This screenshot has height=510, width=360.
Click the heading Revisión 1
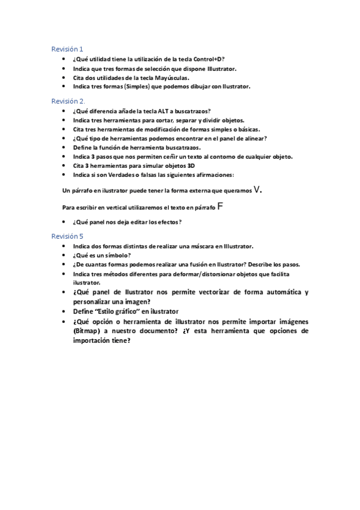(67, 49)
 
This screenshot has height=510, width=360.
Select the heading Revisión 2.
(68, 101)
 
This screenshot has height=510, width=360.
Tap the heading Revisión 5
(67, 236)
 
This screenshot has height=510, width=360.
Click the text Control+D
(210, 60)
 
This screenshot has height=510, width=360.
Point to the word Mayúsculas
(172, 78)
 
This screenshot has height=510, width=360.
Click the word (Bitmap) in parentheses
(87, 331)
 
